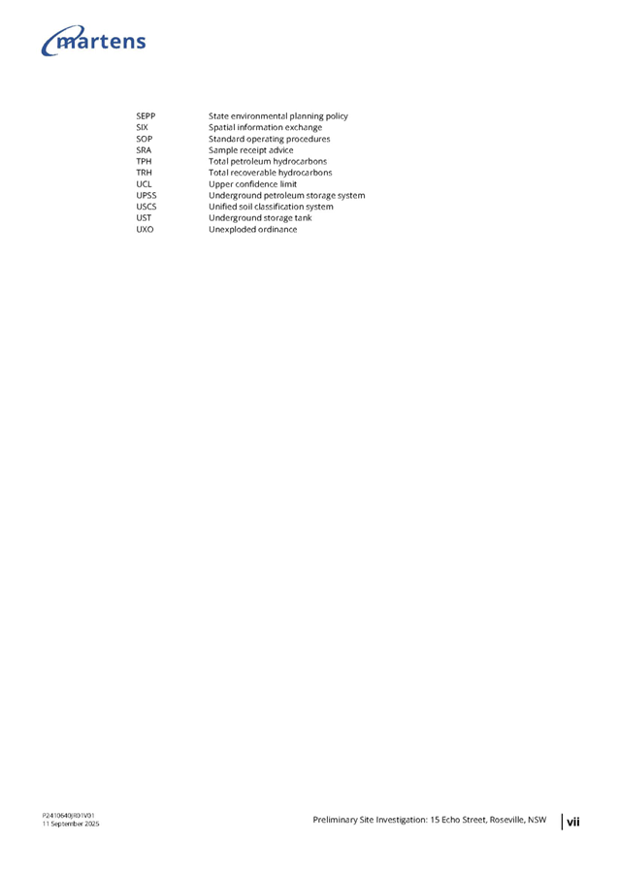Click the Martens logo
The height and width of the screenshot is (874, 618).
click(93, 41)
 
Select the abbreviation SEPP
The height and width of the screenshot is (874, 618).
click(146, 116)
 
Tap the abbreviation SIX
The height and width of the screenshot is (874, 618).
click(142, 127)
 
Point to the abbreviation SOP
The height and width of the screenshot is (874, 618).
click(145, 139)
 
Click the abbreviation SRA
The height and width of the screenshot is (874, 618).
click(144, 150)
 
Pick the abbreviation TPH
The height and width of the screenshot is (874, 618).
click(144, 161)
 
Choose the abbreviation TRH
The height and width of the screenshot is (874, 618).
click(144, 173)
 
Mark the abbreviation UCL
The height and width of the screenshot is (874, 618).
click(144, 184)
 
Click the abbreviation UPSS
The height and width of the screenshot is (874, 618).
click(146, 195)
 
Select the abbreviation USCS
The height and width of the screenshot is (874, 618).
click(146, 207)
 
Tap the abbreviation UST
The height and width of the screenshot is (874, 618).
click(144, 218)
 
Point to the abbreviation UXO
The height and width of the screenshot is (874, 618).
click(145, 229)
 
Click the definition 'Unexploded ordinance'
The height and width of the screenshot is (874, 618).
click(253, 229)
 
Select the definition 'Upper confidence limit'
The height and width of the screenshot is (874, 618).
click(253, 184)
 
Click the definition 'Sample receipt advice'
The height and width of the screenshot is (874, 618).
click(250, 150)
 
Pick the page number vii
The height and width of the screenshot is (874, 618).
click(572, 821)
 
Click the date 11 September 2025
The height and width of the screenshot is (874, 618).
click(71, 824)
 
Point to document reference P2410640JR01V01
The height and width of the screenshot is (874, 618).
click(69, 816)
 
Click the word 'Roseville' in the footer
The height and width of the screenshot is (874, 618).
click(507, 820)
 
